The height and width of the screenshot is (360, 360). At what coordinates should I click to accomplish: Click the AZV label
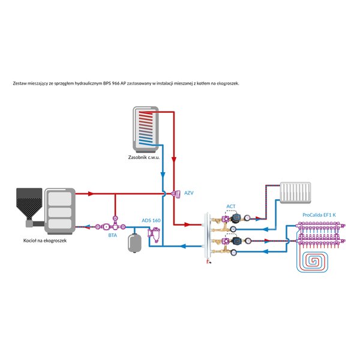pyautogui.click(x=189, y=193)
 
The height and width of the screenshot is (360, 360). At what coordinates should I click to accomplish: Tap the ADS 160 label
pyautogui.click(x=151, y=220)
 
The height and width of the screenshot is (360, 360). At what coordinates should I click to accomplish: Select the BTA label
pyautogui.click(x=113, y=235)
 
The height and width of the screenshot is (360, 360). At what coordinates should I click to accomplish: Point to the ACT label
pyautogui.click(x=231, y=206)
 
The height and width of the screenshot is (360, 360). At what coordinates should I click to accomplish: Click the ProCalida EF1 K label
pyautogui.click(x=319, y=215)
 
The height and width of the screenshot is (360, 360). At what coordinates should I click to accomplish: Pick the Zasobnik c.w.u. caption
pyautogui.click(x=144, y=157)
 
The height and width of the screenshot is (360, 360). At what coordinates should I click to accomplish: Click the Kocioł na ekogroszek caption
pyautogui.click(x=45, y=241)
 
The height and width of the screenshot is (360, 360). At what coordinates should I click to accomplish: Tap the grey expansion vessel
pyautogui.click(x=134, y=243)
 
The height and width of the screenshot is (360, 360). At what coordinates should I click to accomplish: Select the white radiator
pyautogui.click(x=295, y=193)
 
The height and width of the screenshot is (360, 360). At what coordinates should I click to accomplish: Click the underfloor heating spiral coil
pyautogui.click(x=312, y=262)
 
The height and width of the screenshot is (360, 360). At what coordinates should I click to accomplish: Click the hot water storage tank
pyautogui.click(x=146, y=130)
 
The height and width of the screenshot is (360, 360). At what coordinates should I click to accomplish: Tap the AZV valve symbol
pyautogui.click(x=176, y=194)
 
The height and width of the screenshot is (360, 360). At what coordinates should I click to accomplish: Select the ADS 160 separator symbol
pyautogui.click(x=154, y=235)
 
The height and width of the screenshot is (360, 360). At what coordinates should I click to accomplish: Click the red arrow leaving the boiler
pyautogui.click(x=91, y=194)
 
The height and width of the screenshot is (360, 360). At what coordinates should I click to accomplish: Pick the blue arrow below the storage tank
pyautogui.click(x=163, y=175)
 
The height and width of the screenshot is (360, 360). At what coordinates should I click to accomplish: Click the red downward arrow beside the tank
pyautogui.click(x=174, y=160)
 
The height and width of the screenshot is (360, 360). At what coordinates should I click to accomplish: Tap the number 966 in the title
pyautogui.click(x=116, y=83)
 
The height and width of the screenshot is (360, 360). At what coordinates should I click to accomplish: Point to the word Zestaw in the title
pyautogui.click(x=19, y=83)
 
